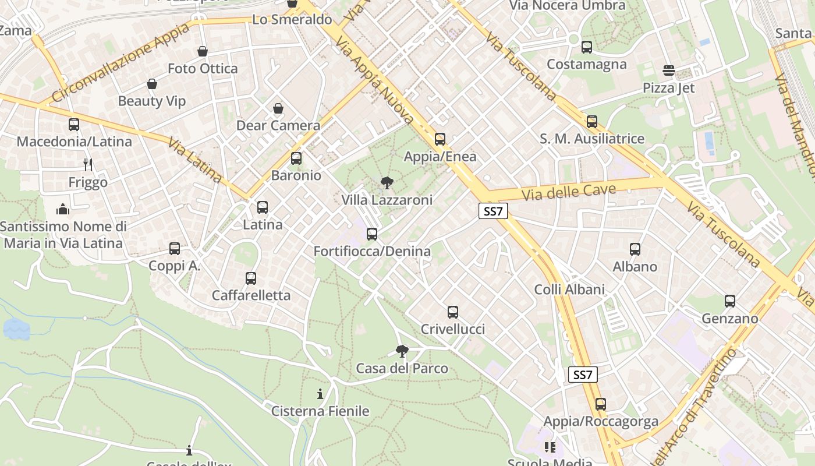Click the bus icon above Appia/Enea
pos(440,139)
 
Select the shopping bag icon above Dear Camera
pos(278,108)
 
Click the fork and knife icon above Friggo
pos(88,165)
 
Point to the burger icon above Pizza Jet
pos(668,71)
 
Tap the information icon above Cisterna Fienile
pos(320,394)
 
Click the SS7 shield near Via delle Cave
pos(493,211)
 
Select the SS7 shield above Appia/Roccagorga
pos(583,375)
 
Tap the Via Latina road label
pos(195,160)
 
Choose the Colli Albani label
pos(569,290)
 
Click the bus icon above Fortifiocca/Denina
pos(372,234)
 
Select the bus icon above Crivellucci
pos(453,312)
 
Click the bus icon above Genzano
pos(730,301)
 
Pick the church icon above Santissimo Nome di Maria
pos(63,209)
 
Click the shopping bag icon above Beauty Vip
pos(152,84)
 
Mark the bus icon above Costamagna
pos(587,47)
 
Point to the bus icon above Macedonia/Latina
pos(74,124)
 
